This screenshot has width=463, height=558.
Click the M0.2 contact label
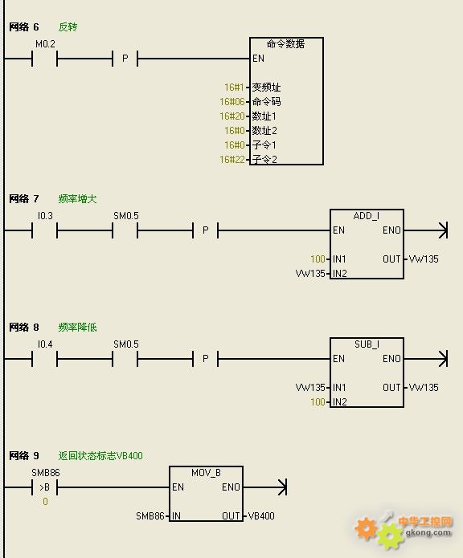point(45,44)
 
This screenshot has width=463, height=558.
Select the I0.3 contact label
point(45,216)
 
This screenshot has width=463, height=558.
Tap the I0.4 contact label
point(45,344)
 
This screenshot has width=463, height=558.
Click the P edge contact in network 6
point(125,59)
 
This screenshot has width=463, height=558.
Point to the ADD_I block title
point(367,216)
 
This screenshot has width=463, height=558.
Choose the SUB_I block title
point(367,344)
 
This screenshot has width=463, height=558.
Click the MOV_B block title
point(207,473)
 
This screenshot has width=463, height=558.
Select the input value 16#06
point(232,102)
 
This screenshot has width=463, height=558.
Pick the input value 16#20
point(232,116)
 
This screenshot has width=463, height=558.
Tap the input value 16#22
point(232,160)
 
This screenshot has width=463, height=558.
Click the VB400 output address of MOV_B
point(261,516)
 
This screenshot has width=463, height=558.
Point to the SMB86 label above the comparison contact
point(46,473)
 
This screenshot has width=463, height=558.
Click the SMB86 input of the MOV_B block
point(150,516)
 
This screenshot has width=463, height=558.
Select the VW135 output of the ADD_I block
point(424,259)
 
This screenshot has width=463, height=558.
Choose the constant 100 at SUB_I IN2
point(318,402)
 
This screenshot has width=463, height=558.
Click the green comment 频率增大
point(77,199)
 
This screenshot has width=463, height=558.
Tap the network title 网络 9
point(24,456)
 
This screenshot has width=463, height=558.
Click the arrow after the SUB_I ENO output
point(426,359)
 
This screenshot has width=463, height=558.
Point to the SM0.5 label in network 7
point(126,216)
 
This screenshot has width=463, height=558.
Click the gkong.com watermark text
point(428,533)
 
